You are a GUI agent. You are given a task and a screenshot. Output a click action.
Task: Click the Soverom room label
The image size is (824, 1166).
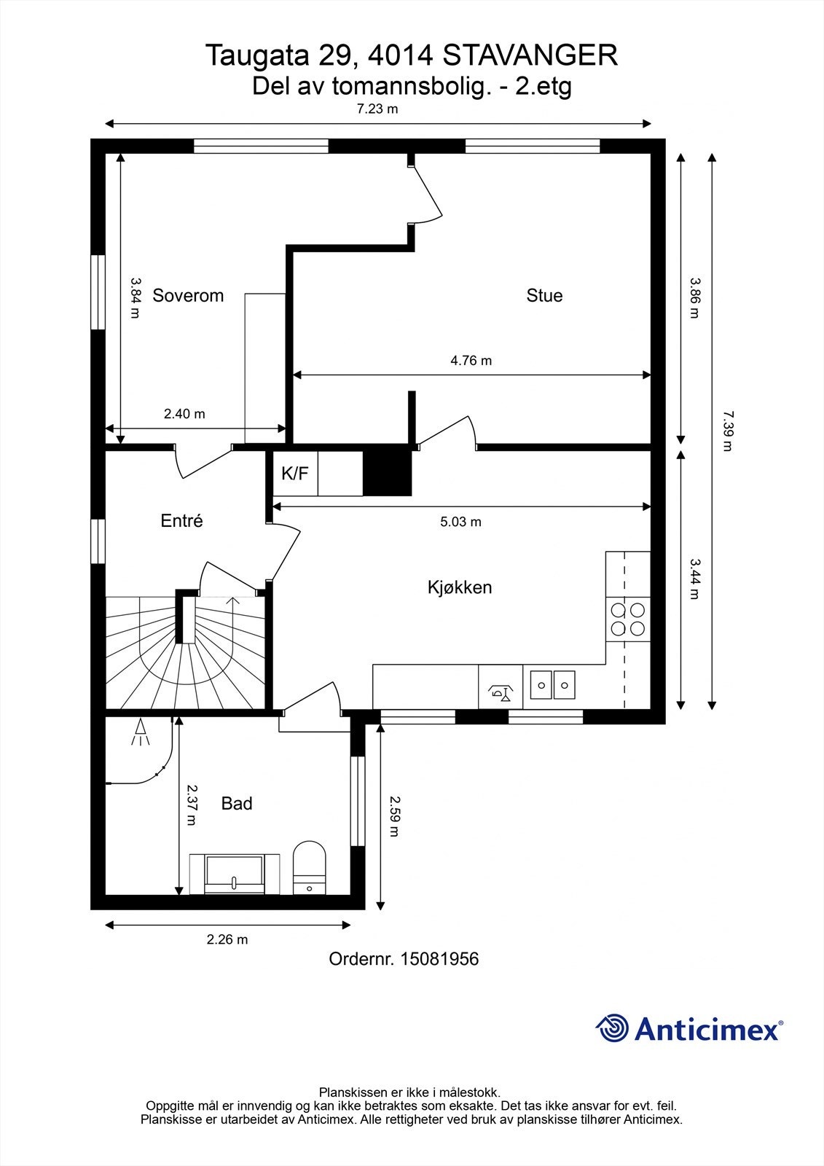(188, 296)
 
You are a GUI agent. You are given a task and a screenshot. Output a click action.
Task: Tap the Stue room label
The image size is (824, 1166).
(544, 296)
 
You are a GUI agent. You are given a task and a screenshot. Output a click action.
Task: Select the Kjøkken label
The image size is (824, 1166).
(460, 587)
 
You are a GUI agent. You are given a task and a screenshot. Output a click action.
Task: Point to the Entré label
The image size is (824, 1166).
(181, 521)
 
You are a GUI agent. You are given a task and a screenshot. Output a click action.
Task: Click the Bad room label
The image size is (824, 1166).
(237, 804)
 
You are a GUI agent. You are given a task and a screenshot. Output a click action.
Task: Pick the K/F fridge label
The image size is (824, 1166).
(295, 474)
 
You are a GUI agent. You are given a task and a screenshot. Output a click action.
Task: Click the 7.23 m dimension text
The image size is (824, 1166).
(377, 109)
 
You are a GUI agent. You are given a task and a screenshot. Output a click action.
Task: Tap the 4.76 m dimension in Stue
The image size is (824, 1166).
(471, 360)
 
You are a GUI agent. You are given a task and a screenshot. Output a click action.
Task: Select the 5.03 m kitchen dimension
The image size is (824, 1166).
(460, 522)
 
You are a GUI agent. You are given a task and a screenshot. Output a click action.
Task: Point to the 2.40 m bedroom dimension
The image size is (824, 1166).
(184, 414)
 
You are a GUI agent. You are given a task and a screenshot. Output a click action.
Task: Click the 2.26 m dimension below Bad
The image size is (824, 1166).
(227, 939)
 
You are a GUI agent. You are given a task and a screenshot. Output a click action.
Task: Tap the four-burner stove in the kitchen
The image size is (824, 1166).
(628, 619)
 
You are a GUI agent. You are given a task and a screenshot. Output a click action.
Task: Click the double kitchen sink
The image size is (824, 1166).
(553, 685)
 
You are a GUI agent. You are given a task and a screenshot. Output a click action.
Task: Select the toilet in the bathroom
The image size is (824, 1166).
(309, 867)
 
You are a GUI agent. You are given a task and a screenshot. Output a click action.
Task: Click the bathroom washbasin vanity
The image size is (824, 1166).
(235, 874)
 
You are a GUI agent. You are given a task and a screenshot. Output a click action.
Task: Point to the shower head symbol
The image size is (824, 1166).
(140, 732)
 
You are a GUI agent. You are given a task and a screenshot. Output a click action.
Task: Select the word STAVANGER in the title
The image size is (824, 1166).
(530, 55)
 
